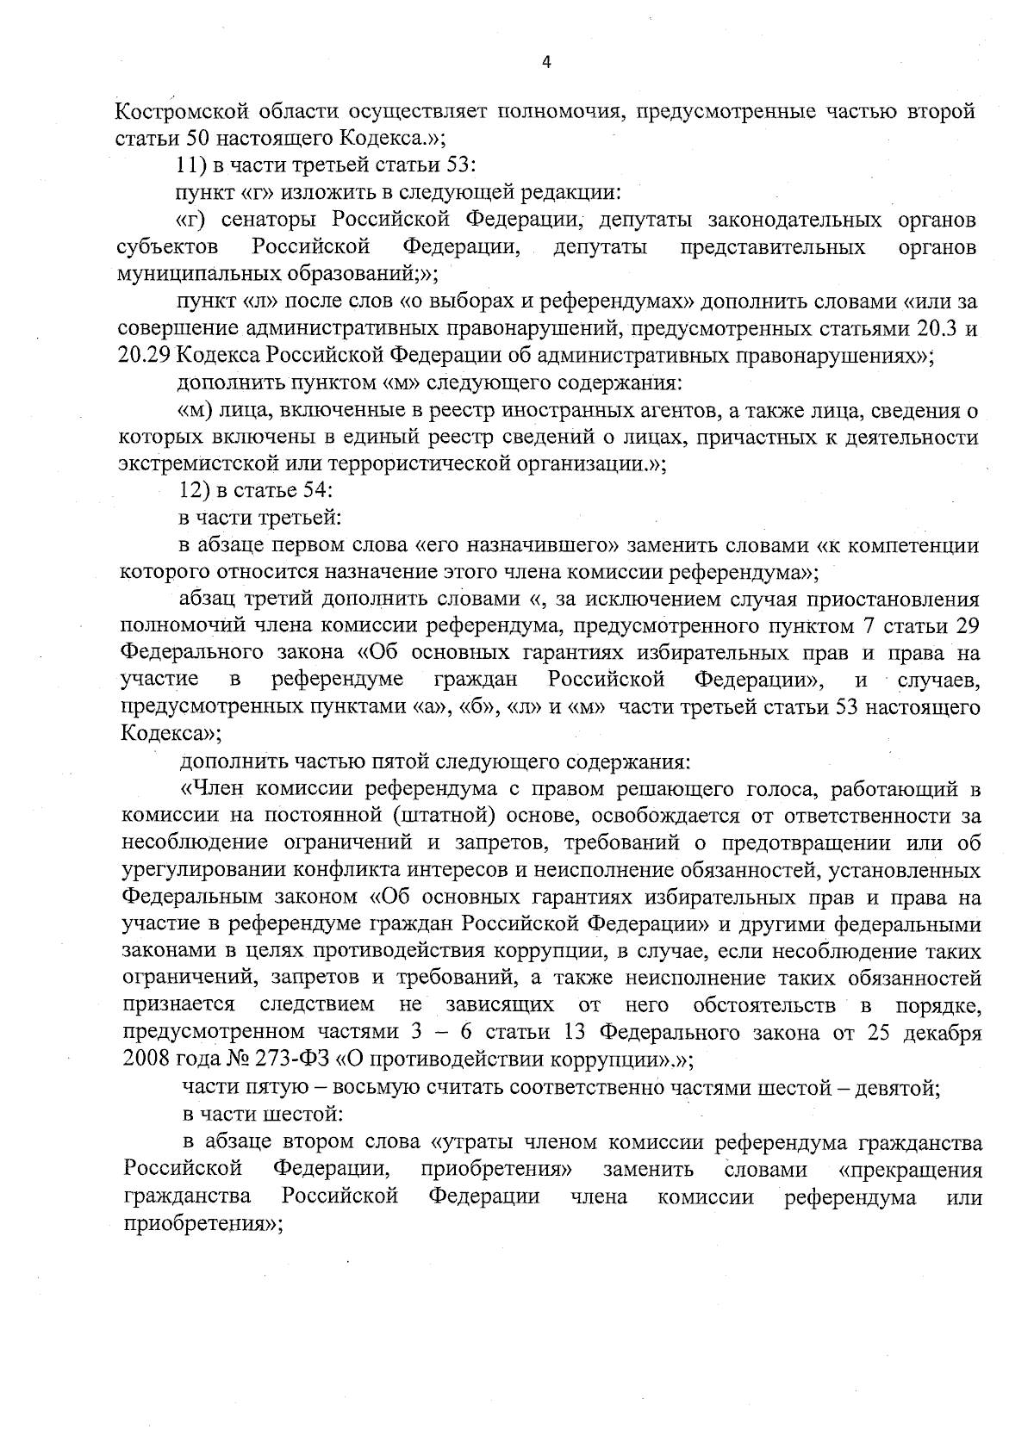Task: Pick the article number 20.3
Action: (932, 328)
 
